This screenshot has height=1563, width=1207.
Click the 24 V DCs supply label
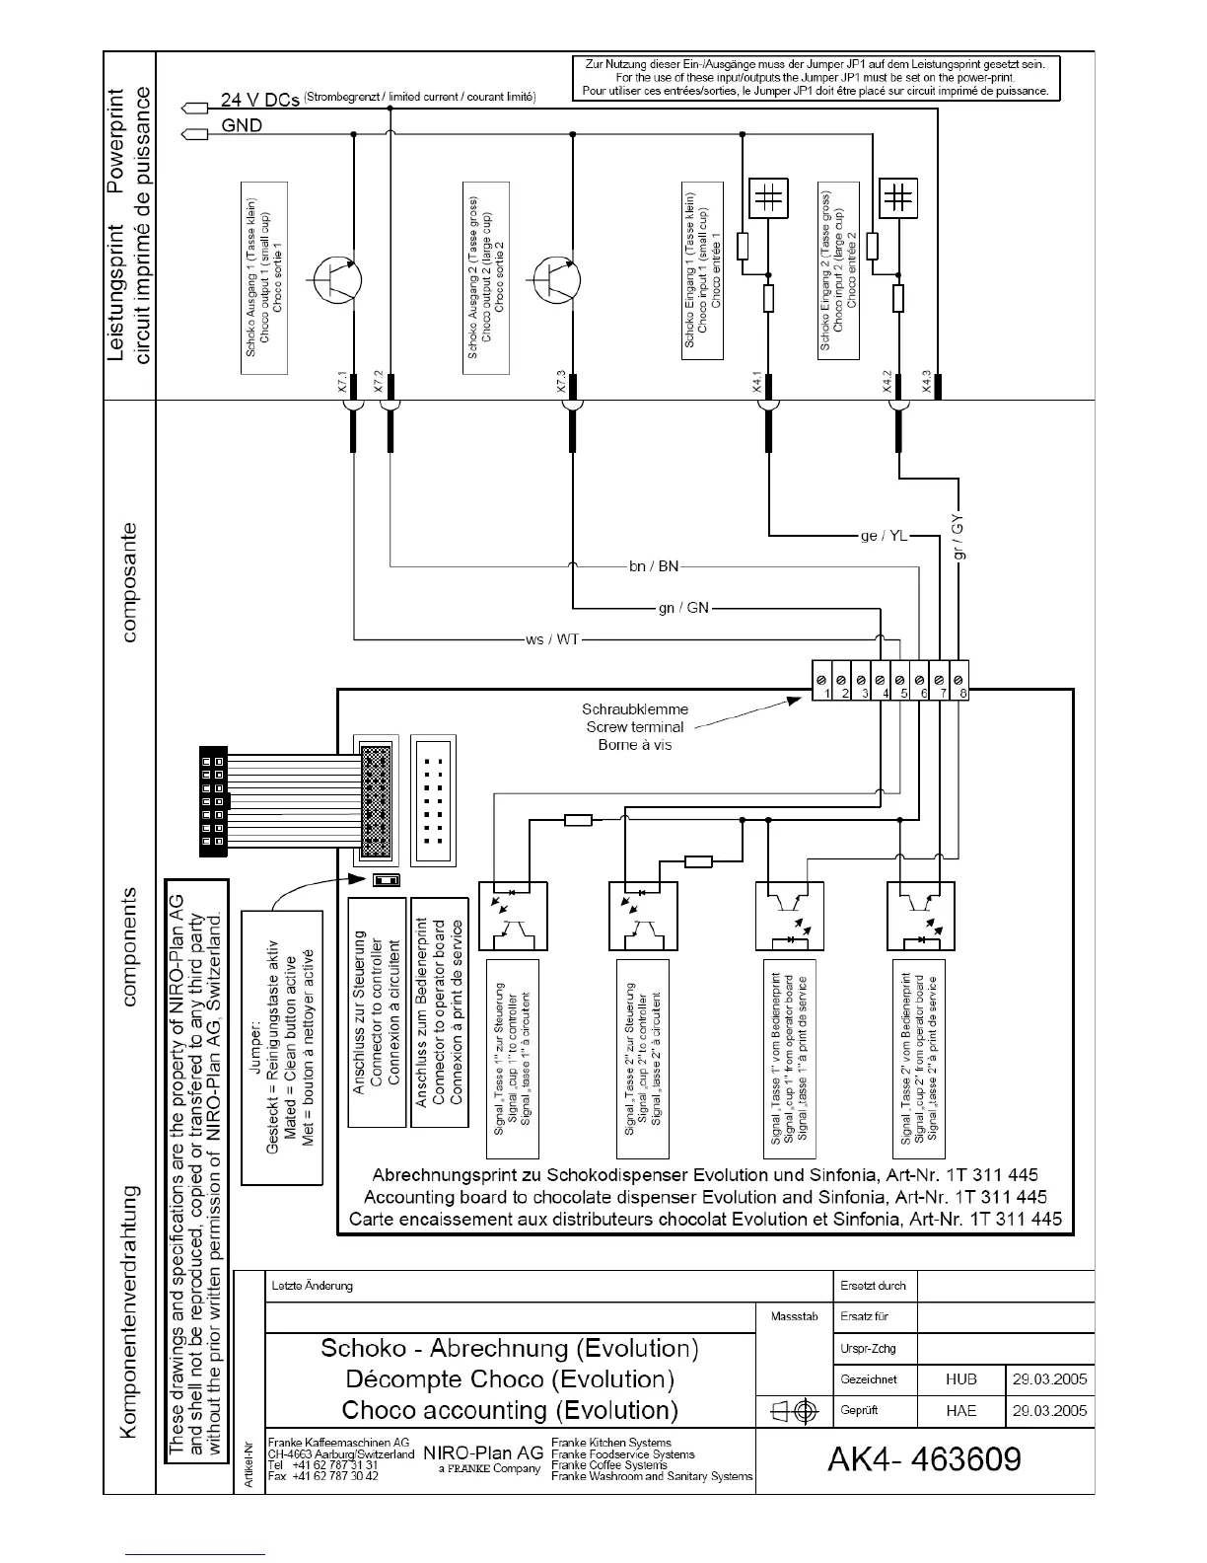(x=260, y=100)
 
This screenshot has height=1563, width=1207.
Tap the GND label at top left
(x=242, y=125)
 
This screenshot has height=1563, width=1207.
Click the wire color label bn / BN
(x=654, y=566)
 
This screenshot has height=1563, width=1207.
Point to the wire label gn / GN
(x=683, y=608)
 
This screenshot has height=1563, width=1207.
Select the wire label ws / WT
(x=552, y=639)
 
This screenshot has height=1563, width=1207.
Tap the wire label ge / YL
(x=884, y=536)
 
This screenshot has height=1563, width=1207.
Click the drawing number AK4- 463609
(x=924, y=1459)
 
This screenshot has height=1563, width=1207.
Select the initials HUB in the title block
(x=960, y=1379)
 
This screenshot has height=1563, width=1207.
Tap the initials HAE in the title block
(x=960, y=1410)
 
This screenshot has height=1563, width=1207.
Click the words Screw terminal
(x=635, y=727)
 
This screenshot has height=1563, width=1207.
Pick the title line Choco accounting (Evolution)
(x=510, y=1410)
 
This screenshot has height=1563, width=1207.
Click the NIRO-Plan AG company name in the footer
(x=483, y=1453)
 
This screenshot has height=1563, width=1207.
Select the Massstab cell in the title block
(x=794, y=1316)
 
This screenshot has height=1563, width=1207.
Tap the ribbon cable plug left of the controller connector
(x=213, y=802)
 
